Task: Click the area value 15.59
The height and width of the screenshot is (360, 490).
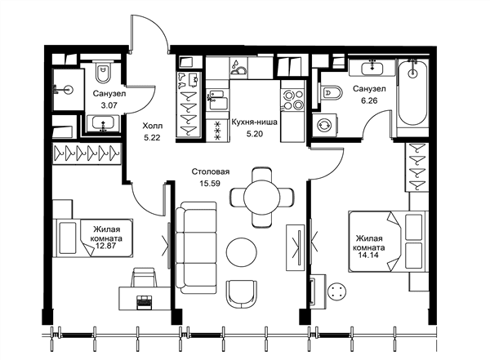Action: tap(210, 184)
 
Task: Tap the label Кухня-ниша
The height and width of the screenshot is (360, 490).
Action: tap(254, 122)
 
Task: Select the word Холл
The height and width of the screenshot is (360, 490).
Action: tap(153, 126)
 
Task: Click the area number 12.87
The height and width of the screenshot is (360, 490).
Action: tap(106, 246)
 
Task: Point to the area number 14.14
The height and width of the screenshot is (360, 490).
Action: tap(368, 255)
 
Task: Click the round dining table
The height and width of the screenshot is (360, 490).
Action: tap(262, 197)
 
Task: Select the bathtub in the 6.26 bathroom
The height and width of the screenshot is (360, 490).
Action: tap(412, 93)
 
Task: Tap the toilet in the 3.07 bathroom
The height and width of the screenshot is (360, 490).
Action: tap(104, 73)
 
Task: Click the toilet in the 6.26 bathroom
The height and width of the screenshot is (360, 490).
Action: tap(331, 92)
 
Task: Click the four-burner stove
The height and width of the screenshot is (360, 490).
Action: tap(292, 100)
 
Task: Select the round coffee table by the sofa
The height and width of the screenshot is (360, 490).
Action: tap(242, 252)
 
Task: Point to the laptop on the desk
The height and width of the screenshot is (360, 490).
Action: tap(144, 302)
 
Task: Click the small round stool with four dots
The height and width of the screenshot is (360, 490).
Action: tap(336, 291)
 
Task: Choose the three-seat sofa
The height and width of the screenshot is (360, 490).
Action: tap(196, 248)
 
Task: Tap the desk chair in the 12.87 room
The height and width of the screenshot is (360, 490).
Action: tap(144, 277)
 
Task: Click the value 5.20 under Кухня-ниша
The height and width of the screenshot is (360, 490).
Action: tap(254, 134)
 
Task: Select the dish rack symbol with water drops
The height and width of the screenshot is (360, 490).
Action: tap(238, 68)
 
